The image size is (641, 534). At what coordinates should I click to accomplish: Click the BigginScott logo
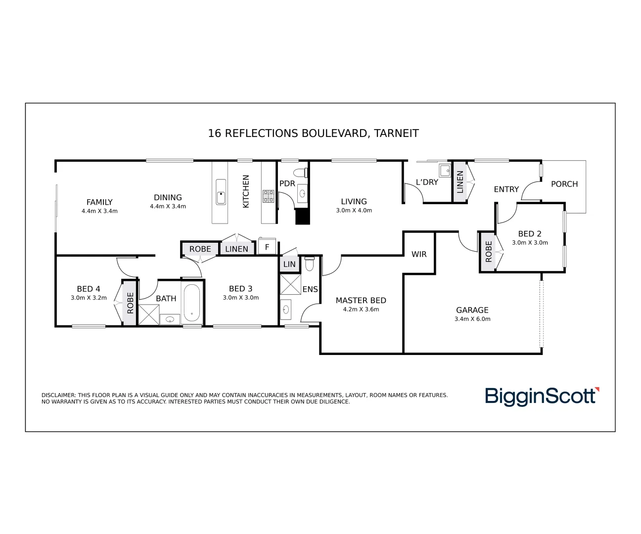click(542, 397)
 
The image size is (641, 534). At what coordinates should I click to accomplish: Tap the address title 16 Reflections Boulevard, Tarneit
click(313, 133)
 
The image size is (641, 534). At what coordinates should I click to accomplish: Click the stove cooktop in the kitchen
click(269, 196)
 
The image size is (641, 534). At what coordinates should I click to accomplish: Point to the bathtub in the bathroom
click(191, 302)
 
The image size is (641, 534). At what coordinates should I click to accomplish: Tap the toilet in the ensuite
click(309, 265)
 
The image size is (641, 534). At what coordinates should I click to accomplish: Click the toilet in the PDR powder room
click(300, 173)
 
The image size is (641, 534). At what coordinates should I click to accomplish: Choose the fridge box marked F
click(267, 247)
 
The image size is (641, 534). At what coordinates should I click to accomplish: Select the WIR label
click(419, 254)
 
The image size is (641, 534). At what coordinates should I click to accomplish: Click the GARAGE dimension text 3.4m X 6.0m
click(472, 319)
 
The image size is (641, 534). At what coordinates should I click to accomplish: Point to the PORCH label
click(564, 184)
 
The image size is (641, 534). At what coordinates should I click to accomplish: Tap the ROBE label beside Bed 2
click(489, 251)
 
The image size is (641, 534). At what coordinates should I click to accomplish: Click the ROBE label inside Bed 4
click(130, 303)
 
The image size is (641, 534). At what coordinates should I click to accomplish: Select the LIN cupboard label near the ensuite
click(289, 265)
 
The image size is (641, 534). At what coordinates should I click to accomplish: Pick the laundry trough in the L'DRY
click(445, 171)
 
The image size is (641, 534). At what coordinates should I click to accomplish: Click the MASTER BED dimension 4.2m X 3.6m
click(361, 310)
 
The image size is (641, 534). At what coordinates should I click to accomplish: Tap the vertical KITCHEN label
click(246, 191)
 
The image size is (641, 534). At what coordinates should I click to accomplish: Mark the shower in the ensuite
click(290, 284)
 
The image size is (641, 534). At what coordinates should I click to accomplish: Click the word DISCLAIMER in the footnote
click(59, 395)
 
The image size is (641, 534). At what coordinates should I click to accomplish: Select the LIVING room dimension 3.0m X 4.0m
click(354, 211)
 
